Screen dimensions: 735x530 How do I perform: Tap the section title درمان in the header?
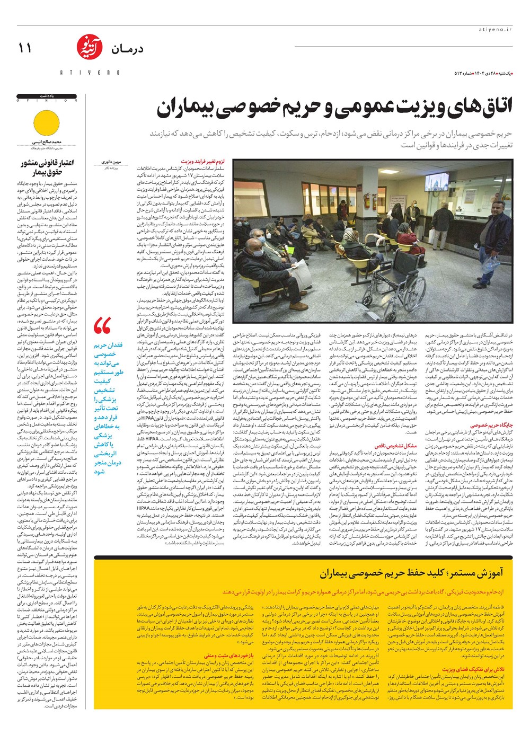[x=127, y=49]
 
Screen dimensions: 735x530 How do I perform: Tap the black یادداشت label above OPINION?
[x=47, y=96]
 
